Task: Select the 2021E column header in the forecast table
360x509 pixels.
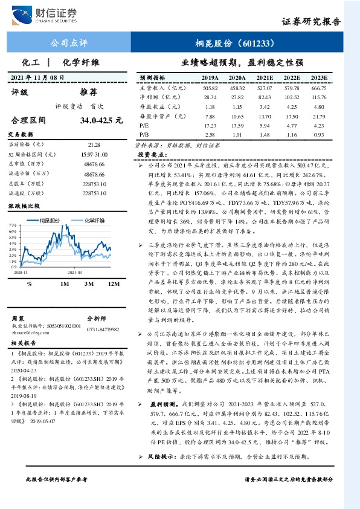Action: [x=265, y=78]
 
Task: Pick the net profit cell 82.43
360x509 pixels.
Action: [x=265, y=97]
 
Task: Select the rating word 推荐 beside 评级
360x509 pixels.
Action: [x=88, y=92]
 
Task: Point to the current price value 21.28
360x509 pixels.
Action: [x=94, y=145]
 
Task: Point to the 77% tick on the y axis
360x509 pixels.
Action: [x=11, y=225]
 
